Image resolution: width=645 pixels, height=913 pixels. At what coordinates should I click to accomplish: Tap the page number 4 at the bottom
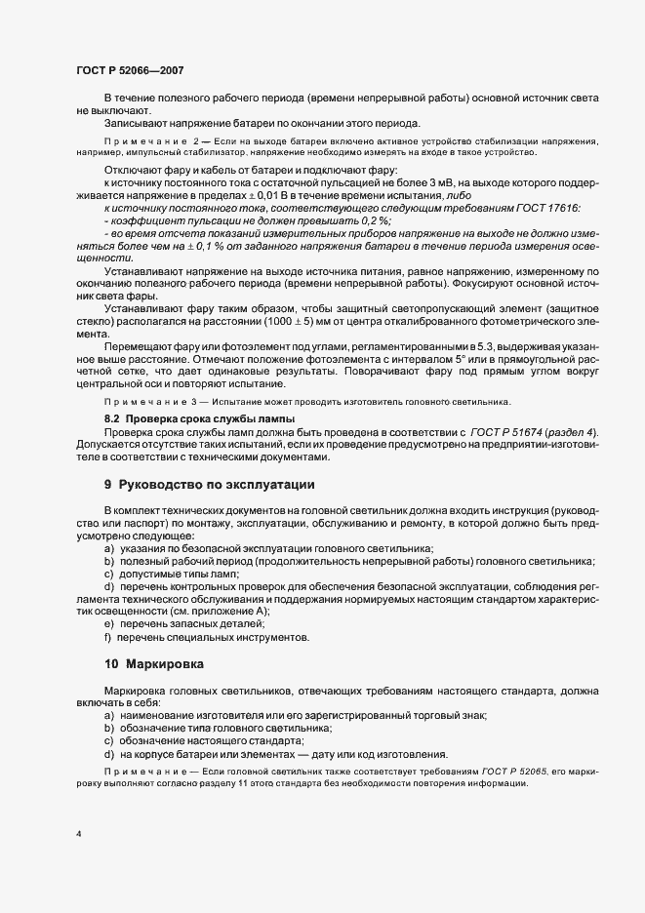click(79, 833)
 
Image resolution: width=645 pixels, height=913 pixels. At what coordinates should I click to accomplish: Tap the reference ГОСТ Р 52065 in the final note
click(514, 771)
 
